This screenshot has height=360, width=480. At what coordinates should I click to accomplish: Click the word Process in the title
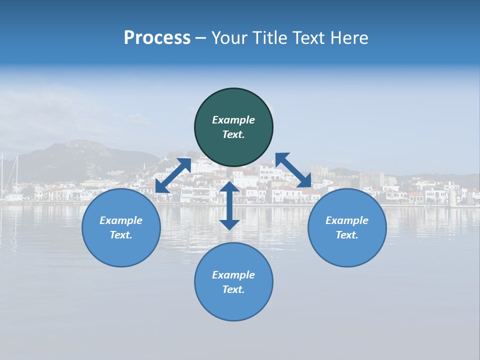[x=157, y=38]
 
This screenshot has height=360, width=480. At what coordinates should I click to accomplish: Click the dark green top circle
[x=233, y=127]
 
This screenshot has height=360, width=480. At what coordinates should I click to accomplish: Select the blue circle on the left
[x=121, y=227]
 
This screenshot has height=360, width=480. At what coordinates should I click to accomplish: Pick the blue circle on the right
[x=347, y=227]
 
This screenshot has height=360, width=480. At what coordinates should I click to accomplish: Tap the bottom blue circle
[x=233, y=281]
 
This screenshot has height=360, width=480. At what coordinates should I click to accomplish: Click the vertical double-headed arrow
[x=229, y=205]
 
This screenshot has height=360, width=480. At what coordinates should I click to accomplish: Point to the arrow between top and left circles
[x=173, y=175]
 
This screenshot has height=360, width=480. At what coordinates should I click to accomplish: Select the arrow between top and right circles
[x=293, y=170]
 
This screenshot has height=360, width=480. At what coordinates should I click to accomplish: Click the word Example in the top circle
[x=233, y=120]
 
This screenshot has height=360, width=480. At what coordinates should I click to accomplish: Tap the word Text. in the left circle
[x=121, y=235]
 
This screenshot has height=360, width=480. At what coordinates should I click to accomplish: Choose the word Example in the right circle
[x=347, y=220]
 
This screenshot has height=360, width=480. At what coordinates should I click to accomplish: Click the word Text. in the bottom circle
[x=233, y=289]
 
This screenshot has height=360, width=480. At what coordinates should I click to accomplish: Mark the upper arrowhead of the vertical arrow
[x=229, y=187]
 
